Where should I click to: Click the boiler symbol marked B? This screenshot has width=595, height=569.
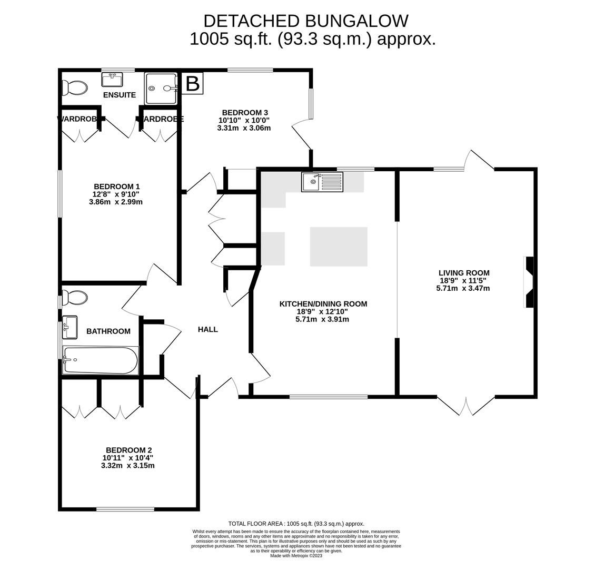[193, 84]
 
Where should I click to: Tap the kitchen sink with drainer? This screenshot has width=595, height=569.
[322, 182]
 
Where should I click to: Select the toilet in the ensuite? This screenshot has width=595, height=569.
[74, 87]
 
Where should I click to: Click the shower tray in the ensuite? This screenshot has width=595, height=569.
[162, 89]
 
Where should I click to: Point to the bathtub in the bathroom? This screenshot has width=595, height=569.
[100, 360]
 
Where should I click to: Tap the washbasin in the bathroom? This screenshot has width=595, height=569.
[70, 327]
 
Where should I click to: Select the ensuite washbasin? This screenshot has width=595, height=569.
[112, 80]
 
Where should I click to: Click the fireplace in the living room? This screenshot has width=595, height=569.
[529, 282]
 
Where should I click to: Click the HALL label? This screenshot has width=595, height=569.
[208, 329]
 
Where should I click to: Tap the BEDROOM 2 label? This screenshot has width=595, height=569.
[128, 450]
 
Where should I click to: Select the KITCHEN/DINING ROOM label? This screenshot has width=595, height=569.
[323, 304]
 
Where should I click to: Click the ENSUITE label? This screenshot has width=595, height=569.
[120, 95]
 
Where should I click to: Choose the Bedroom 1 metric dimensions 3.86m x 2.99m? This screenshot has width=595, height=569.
[116, 202]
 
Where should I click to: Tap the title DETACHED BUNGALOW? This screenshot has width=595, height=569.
[305, 21]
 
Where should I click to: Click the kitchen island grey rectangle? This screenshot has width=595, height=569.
[339, 247]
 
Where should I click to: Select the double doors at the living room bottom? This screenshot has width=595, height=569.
[466, 406]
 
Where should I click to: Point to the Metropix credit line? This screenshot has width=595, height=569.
[296, 556]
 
